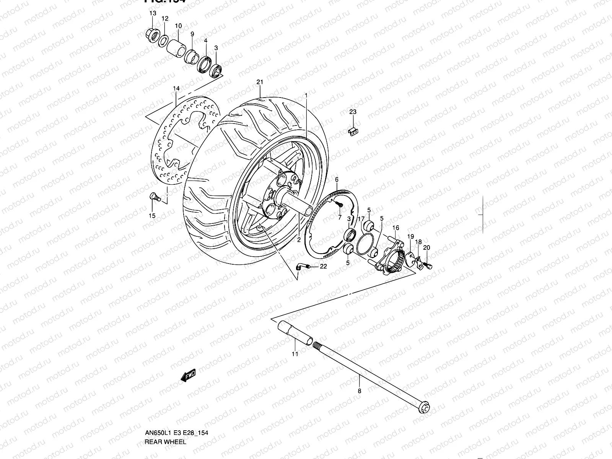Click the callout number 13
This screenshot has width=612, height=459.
click(153, 13)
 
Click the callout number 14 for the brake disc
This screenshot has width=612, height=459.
click(176, 89)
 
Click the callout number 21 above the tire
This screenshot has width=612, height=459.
click(260, 82)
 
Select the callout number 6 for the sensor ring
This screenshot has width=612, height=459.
click(337, 180)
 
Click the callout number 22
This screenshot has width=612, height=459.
click(324, 267)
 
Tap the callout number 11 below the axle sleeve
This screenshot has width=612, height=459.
click(295, 354)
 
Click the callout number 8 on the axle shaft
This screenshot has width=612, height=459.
click(359, 391)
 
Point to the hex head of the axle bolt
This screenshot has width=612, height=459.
click(425, 407)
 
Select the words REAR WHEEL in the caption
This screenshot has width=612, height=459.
click(165, 442)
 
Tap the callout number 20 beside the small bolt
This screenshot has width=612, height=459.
click(426, 248)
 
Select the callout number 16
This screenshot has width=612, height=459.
click(396, 228)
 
